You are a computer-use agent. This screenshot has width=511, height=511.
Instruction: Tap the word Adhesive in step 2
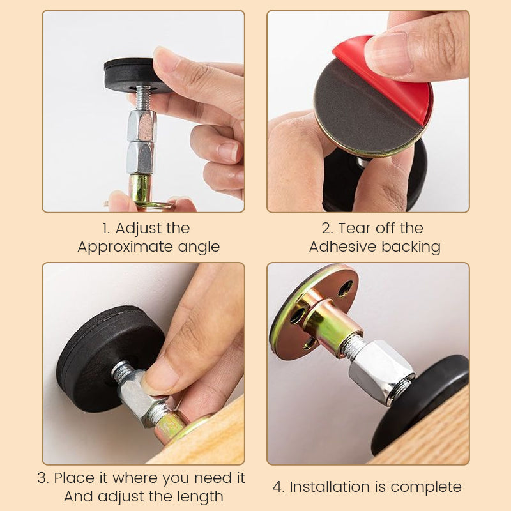click(x=339, y=247)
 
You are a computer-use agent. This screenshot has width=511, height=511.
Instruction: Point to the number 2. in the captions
click(x=327, y=228)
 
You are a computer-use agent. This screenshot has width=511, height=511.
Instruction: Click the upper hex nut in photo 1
click(x=142, y=125)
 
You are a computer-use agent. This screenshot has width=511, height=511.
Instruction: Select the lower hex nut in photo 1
click(x=139, y=157)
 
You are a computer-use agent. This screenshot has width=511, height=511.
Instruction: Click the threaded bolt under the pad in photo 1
click(x=144, y=97)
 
